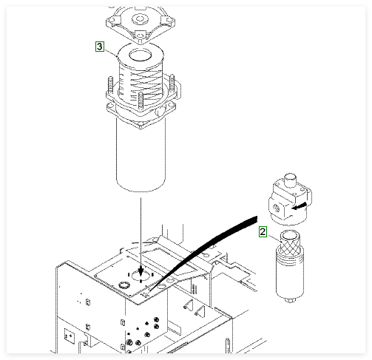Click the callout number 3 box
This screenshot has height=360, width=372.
click(100, 47)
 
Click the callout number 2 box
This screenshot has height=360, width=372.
click(263, 232)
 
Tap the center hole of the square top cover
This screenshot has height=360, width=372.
click(140, 18)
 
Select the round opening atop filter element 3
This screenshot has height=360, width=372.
click(141, 55)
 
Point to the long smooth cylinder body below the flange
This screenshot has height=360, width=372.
click(141, 154)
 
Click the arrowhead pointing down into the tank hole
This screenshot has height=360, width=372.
click(141, 272)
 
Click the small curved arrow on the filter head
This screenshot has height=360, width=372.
click(300, 206)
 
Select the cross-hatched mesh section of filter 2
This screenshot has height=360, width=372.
click(290, 246)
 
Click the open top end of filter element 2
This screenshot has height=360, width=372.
click(290, 235)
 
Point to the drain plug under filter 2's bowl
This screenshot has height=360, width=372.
click(290, 300)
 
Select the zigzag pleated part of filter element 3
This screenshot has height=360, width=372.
click(141, 84)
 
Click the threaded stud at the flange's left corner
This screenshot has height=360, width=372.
click(110, 84)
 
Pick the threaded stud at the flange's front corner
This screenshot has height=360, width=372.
click(141, 101)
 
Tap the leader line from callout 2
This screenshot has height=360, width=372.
click(274, 239)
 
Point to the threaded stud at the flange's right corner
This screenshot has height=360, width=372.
click(172, 82)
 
